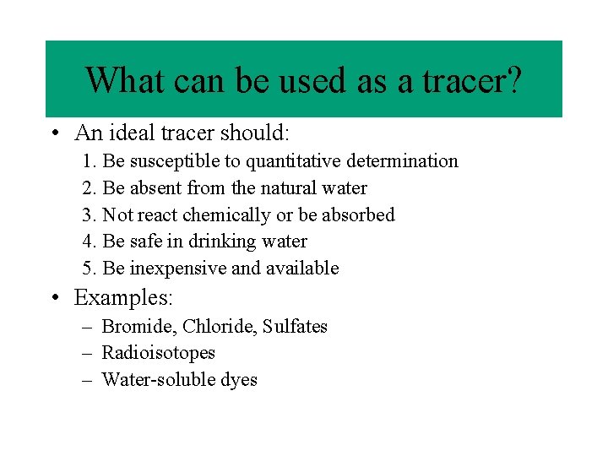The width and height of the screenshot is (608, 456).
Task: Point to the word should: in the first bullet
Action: [x=256, y=133]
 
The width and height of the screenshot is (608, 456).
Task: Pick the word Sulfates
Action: [x=295, y=327]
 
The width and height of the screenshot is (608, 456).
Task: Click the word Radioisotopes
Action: [x=158, y=353]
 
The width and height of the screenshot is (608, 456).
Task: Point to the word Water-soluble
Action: [x=155, y=380]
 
